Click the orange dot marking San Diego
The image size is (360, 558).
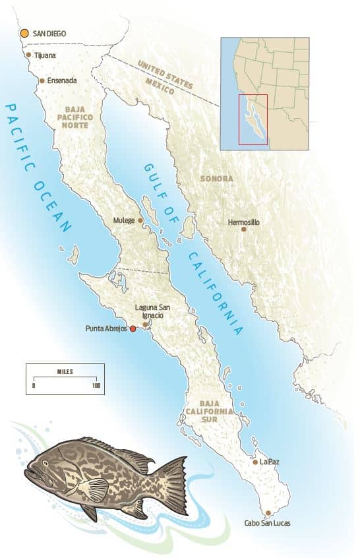(24, 32)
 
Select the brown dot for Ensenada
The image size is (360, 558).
(42, 80)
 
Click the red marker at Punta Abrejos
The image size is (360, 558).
(133, 328)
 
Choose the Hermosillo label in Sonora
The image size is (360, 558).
(244, 222)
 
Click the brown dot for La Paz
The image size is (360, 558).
(255, 462)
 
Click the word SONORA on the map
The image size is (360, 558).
(217, 179)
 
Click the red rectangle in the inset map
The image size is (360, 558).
(253, 119)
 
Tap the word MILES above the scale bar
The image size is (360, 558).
(65, 371)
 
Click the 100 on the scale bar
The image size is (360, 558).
(96, 385)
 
